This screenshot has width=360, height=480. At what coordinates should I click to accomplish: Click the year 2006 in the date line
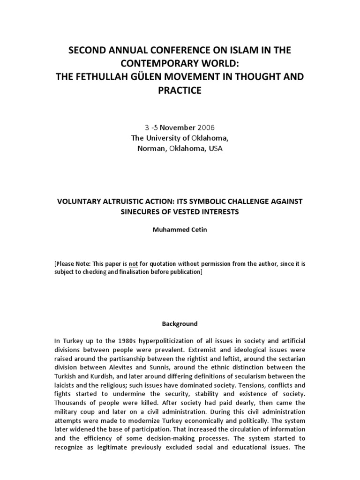206,127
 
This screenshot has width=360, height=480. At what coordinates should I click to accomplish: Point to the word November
174,127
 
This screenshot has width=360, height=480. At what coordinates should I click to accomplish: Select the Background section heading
180,323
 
